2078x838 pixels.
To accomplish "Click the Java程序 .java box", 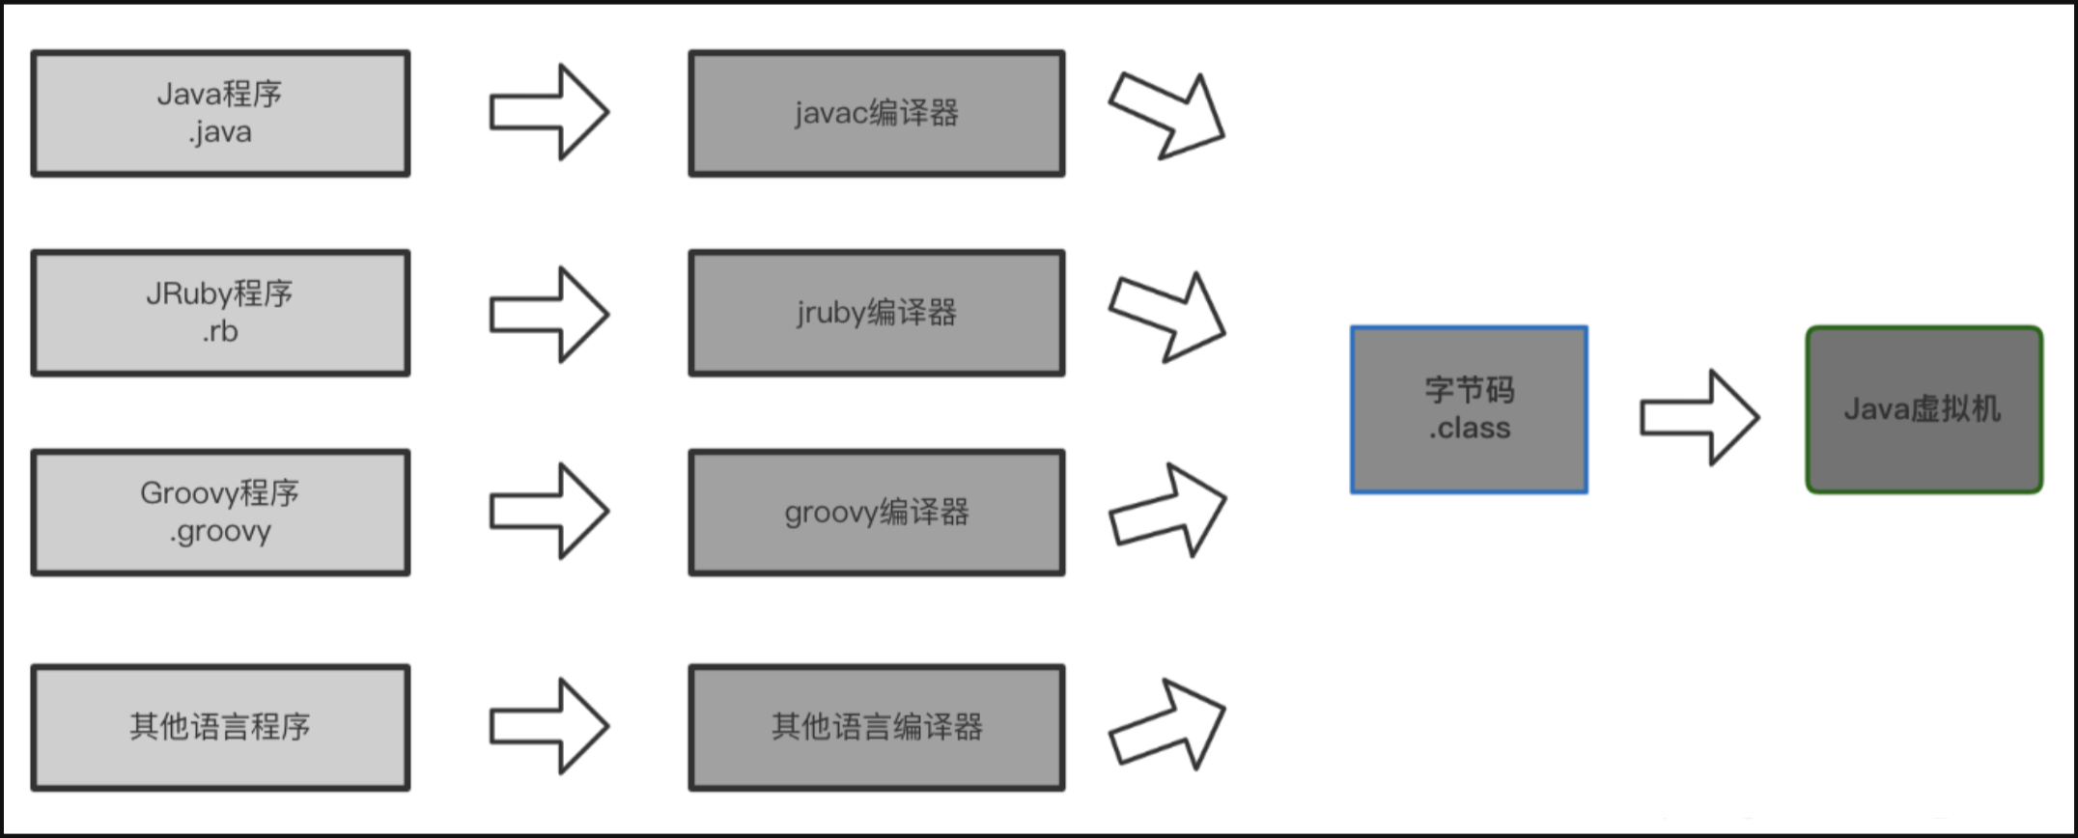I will pyautogui.click(x=220, y=113).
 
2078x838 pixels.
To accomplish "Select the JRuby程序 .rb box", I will pyautogui.click(x=220, y=313).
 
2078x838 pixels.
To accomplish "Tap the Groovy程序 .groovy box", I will pyautogui.click(x=220, y=513).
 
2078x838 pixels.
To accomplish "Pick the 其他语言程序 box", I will pyautogui.click(x=220, y=727).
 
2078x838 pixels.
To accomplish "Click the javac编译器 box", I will pyautogui.click(x=877, y=113).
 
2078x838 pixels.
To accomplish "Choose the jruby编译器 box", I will pyautogui.click(x=877, y=313).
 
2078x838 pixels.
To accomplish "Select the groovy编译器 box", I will pyautogui.click(x=877, y=513).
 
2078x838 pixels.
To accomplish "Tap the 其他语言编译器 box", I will pyautogui.click(x=877, y=727).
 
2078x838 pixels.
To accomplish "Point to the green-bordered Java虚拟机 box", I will pyautogui.click(x=1924, y=409).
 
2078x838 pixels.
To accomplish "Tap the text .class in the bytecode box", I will pyautogui.click(x=1469, y=428).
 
